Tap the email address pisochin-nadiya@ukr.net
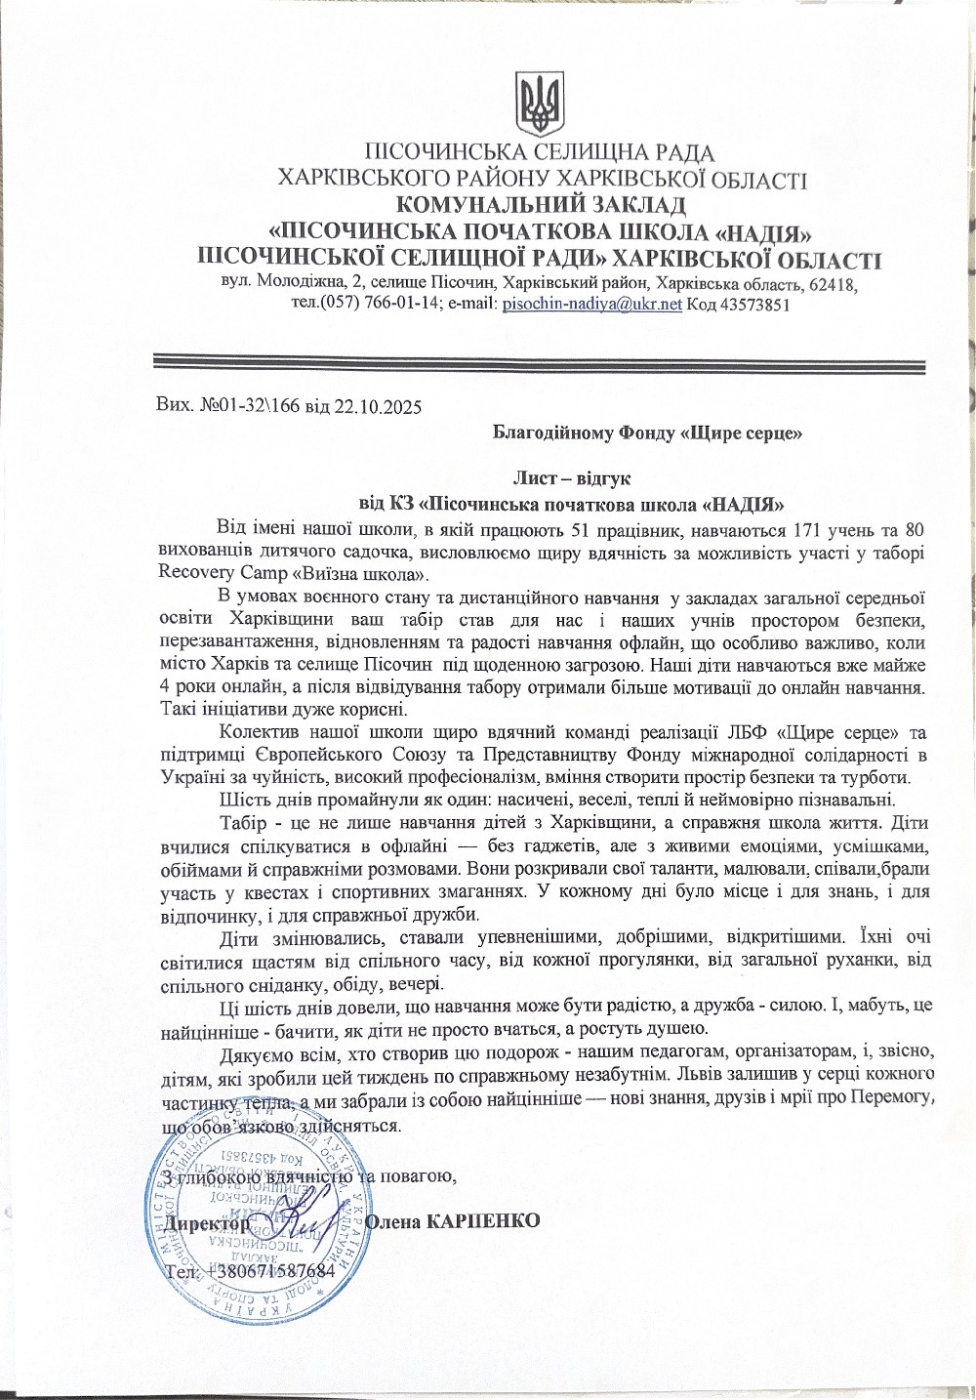tap(592, 305)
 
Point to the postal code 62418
tap(832, 284)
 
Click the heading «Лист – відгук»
tap(572, 478)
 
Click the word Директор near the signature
tap(207, 1221)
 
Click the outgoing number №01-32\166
tap(246, 404)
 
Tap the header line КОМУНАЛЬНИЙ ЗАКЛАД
tap(541, 205)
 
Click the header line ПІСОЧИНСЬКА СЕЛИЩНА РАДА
tap(539, 152)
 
